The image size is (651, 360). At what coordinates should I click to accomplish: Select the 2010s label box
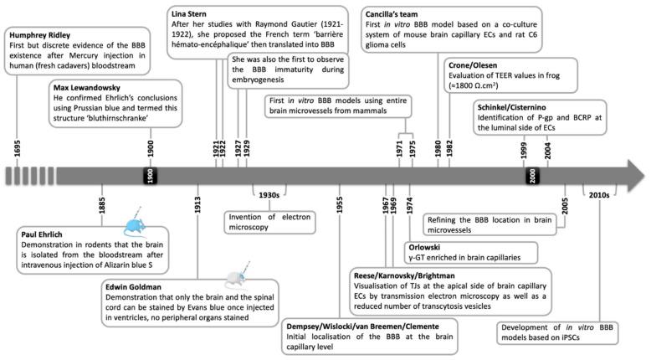[599, 195]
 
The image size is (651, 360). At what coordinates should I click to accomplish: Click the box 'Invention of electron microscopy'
[269, 221]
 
